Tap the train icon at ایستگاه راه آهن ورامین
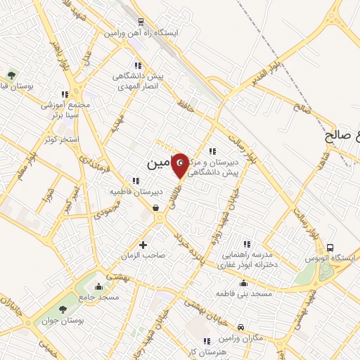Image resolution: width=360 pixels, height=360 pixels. pos(141,22)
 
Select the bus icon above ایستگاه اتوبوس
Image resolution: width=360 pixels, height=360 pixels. pos(330,247)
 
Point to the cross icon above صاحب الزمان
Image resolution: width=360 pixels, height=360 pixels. pos(143,245)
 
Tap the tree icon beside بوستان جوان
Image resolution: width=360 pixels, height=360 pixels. pos(63,309)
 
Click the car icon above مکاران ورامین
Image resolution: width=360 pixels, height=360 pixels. pos(240,327)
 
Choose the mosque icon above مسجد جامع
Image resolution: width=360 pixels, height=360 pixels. pos(98,286)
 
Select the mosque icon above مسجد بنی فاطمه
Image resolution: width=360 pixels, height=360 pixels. pos(243,283)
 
